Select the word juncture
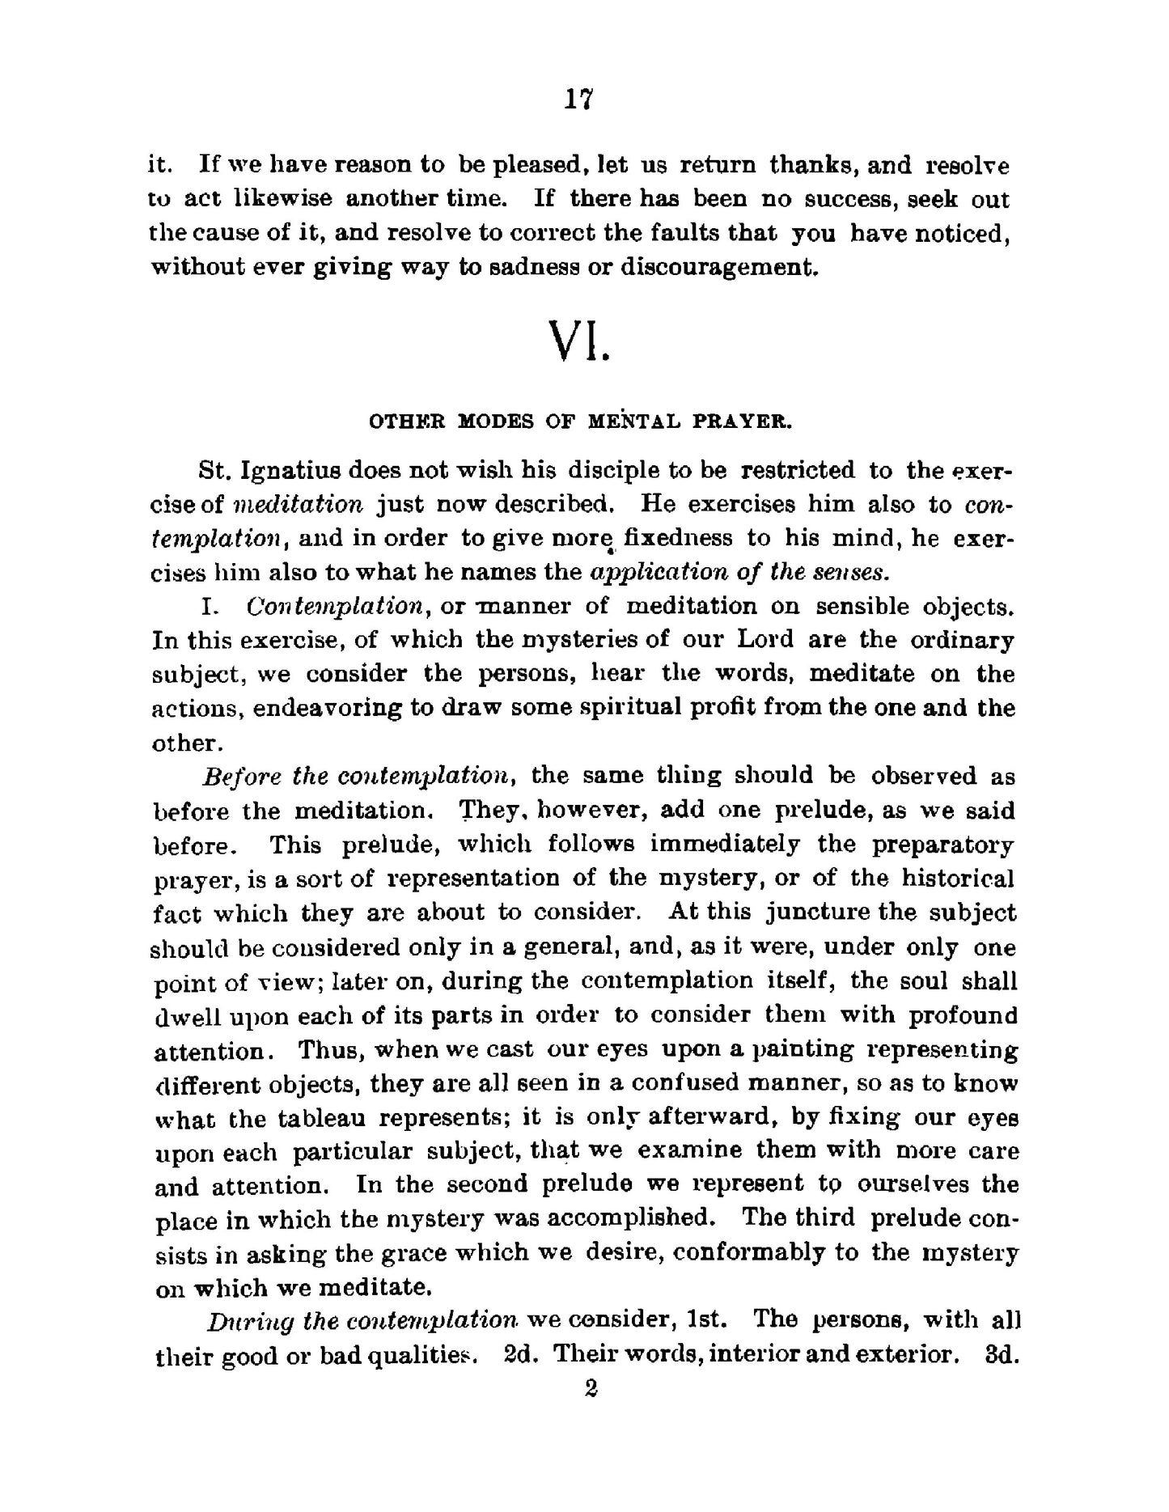[x=817, y=913]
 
